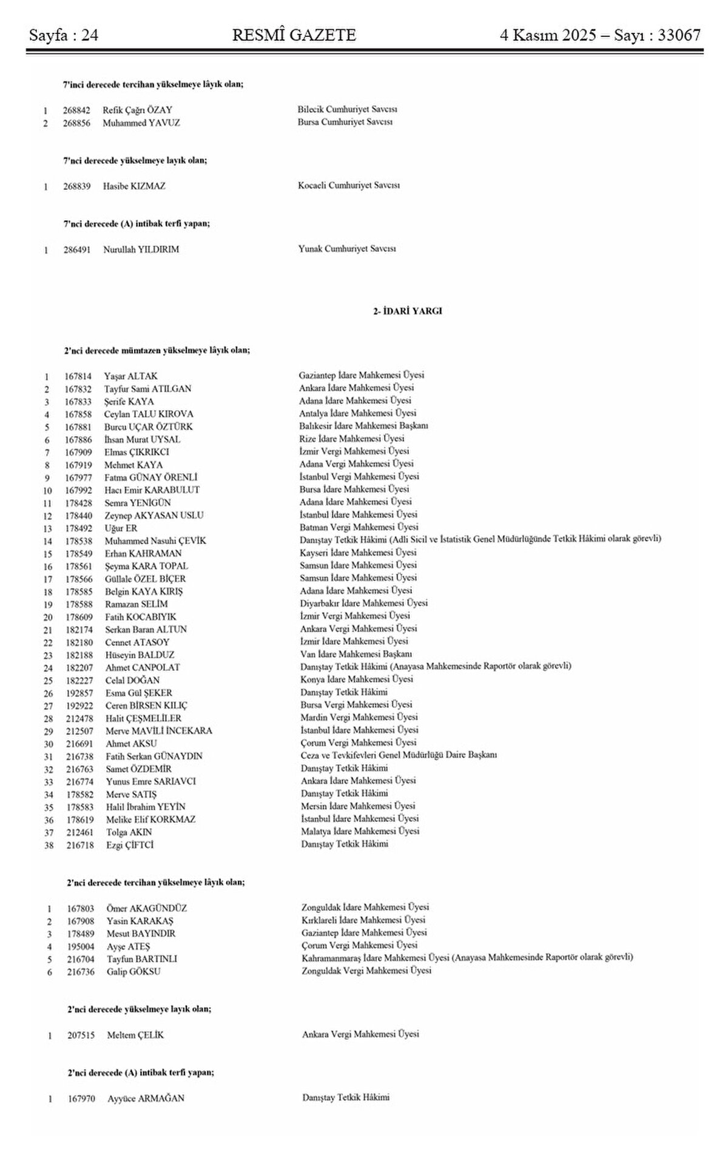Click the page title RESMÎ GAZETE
294,36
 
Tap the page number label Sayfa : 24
64,36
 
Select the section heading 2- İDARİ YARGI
407,311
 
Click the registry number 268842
76,110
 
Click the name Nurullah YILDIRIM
141,249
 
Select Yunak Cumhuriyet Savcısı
347,249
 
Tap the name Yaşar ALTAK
130,376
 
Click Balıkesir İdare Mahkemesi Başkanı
364,426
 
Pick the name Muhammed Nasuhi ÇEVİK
155,541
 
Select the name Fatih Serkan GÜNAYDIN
154,756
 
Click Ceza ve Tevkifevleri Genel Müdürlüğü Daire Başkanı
399,755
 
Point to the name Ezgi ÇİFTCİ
130,845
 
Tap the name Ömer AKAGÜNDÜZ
146,909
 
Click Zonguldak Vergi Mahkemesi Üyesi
366,971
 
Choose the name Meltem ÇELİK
135,1035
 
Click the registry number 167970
81,1099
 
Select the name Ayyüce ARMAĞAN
146,1099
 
